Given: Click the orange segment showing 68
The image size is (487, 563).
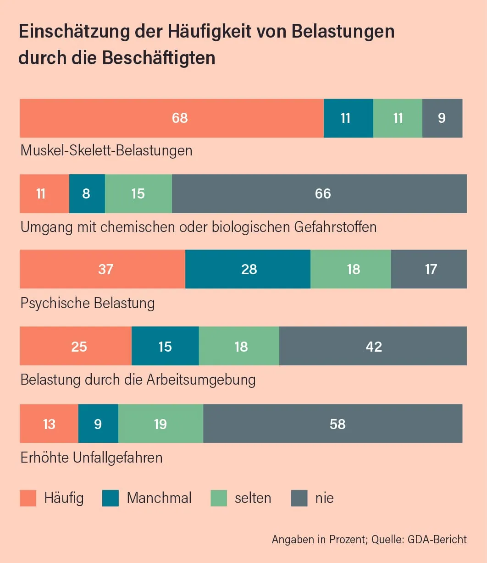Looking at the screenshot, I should coord(172,118).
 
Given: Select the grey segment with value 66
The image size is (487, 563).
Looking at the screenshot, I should coord(319,193).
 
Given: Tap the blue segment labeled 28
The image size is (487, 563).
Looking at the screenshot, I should coord(248,269).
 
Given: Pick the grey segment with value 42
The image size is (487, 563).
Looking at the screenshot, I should coord(373,347).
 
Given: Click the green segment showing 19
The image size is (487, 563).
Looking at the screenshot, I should coord(160,424).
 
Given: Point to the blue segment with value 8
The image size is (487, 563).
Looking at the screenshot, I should coord(87,193).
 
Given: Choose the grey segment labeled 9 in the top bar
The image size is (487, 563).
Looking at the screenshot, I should coord(442,118).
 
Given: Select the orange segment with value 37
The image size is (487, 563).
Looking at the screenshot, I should coord(102,269).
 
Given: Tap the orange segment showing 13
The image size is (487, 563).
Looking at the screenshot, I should coord(49,424).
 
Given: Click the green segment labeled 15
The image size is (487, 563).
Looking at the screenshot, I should coord(138,193).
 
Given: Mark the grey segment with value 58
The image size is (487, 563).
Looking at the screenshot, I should coord(332,424).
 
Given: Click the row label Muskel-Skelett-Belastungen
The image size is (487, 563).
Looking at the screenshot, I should coord(106,150).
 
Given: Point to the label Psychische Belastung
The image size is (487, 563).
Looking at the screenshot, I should coord(88,303).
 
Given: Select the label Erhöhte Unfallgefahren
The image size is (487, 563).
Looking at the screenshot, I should coord(92,458).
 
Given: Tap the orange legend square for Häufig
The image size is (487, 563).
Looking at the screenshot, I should coord(28,498).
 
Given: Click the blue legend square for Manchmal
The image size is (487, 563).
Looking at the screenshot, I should coord(111,498).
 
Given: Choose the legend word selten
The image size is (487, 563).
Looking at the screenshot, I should coord(253,498).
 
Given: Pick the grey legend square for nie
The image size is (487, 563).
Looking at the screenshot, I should coord(299,498).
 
